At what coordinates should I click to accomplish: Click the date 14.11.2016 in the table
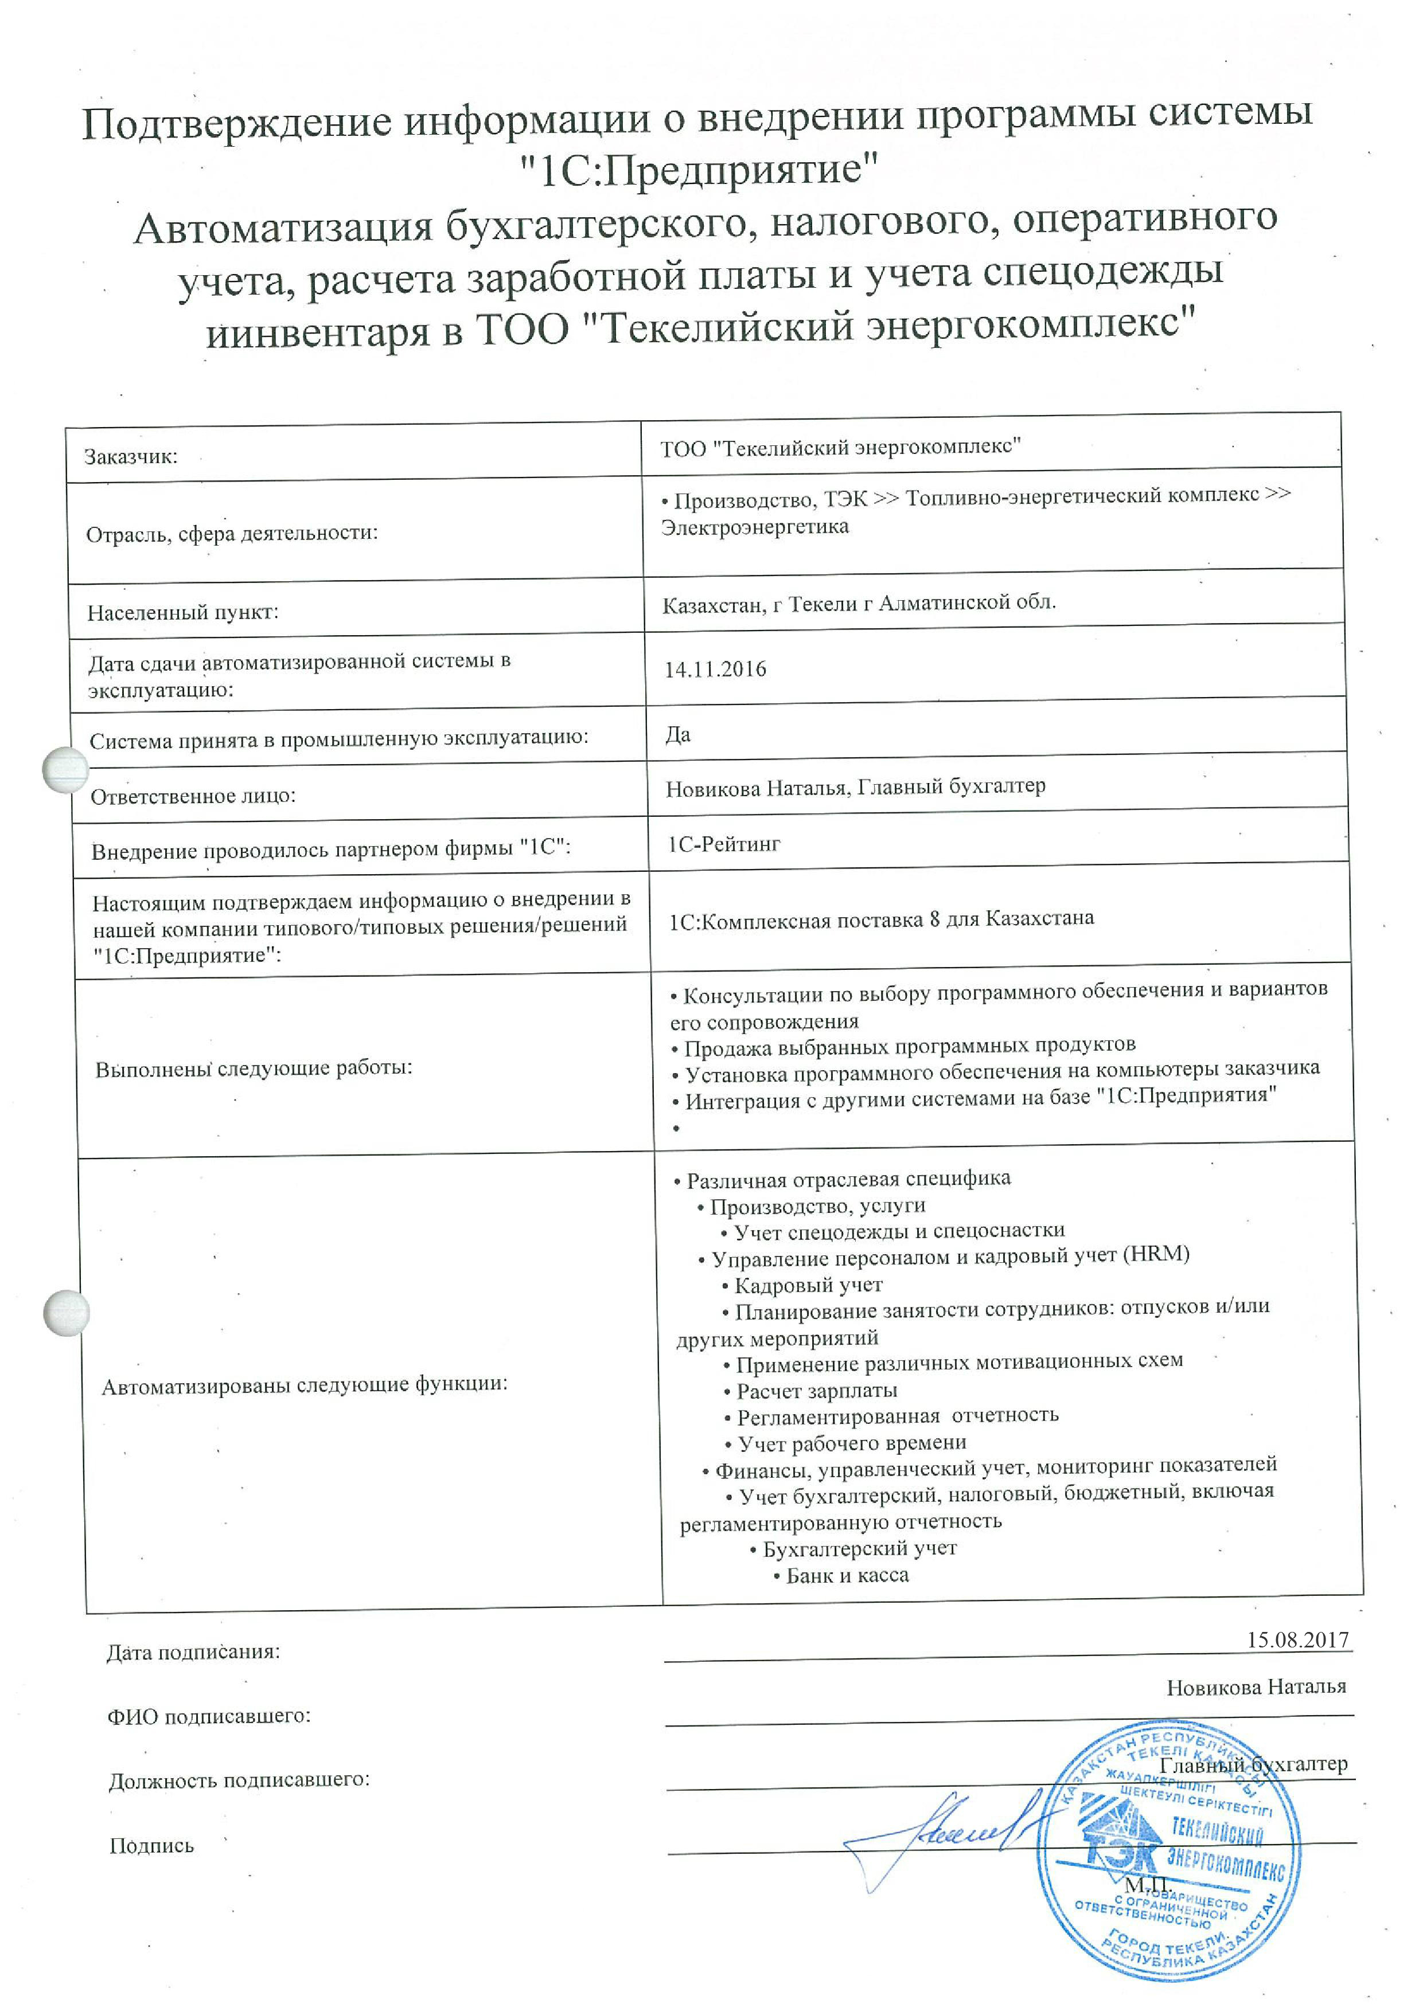[715, 670]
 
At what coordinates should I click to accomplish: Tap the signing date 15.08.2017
[1297, 1639]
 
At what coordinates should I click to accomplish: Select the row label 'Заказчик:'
[131, 456]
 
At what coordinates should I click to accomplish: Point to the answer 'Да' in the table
[678, 734]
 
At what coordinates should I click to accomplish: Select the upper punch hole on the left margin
[66, 769]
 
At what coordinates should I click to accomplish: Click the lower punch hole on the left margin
[67, 1313]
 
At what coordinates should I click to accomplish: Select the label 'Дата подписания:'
[193, 1652]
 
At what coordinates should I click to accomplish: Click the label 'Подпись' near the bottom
[151, 1846]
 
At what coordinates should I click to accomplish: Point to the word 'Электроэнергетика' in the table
[755, 527]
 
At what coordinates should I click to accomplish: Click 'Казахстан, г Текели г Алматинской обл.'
[859, 604]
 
